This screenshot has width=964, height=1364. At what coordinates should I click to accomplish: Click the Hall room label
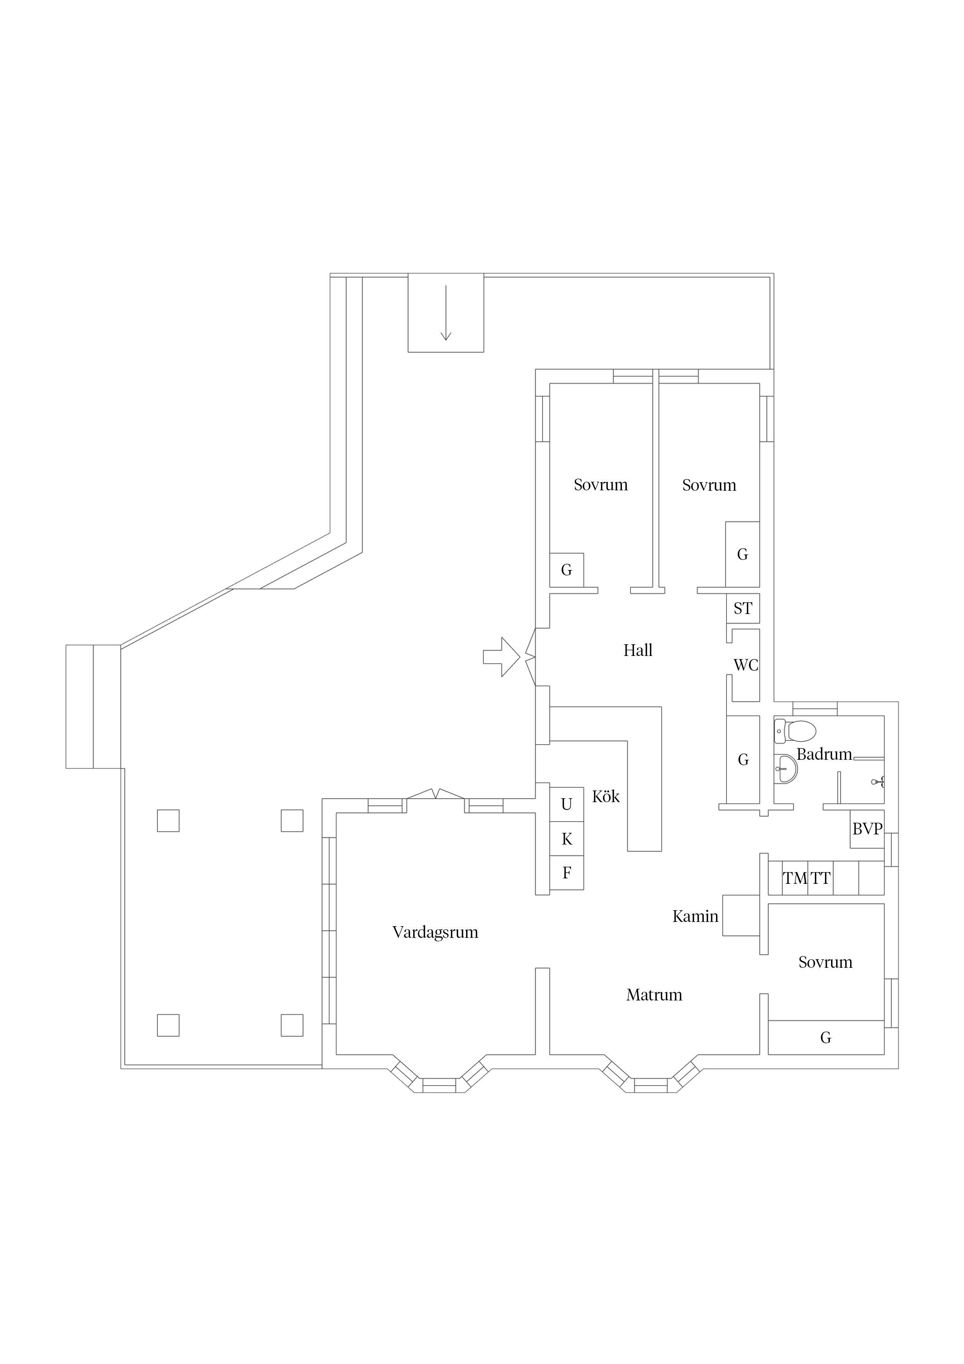(638, 651)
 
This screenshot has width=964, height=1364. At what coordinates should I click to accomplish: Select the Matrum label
(654, 995)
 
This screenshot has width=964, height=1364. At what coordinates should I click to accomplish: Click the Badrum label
(824, 754)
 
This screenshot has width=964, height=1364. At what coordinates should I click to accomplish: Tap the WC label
(746, 665)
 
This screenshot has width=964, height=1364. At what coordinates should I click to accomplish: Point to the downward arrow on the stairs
(445, 313)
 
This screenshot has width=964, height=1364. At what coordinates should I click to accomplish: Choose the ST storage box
(742, 609)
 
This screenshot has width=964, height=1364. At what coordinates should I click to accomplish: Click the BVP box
(867, 829)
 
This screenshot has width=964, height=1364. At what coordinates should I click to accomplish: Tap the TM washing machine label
(795, 878)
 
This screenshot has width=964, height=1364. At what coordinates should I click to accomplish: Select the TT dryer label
(820, 878)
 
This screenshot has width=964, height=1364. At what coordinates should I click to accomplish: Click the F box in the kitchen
(567, 873)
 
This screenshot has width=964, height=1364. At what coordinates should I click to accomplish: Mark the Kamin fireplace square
(740, 915)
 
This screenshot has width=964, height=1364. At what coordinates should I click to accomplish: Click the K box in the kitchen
(567, 839)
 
